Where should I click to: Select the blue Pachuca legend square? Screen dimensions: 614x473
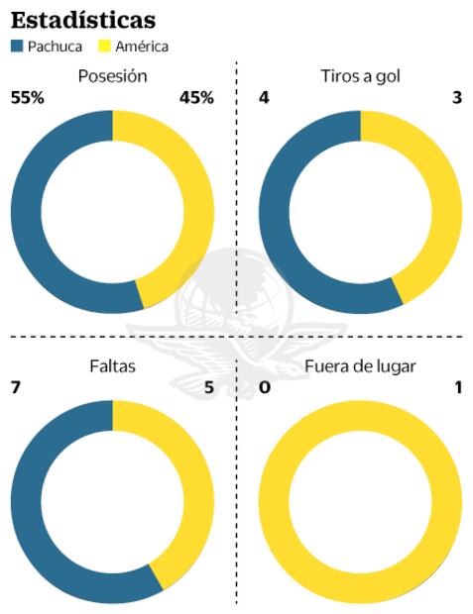17,47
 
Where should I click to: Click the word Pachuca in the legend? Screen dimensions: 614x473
56,47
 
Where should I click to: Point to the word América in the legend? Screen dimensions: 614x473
142,47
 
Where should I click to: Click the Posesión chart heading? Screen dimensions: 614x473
111,75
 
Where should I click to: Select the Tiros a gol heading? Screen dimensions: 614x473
360,75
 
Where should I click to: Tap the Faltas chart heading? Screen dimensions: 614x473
111,366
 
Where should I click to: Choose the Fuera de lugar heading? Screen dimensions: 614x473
360,366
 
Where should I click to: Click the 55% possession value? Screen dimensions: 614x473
28,97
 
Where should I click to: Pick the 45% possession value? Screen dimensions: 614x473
195,97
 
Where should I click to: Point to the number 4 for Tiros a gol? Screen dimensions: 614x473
264,97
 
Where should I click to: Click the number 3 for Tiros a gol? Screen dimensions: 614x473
456,97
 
